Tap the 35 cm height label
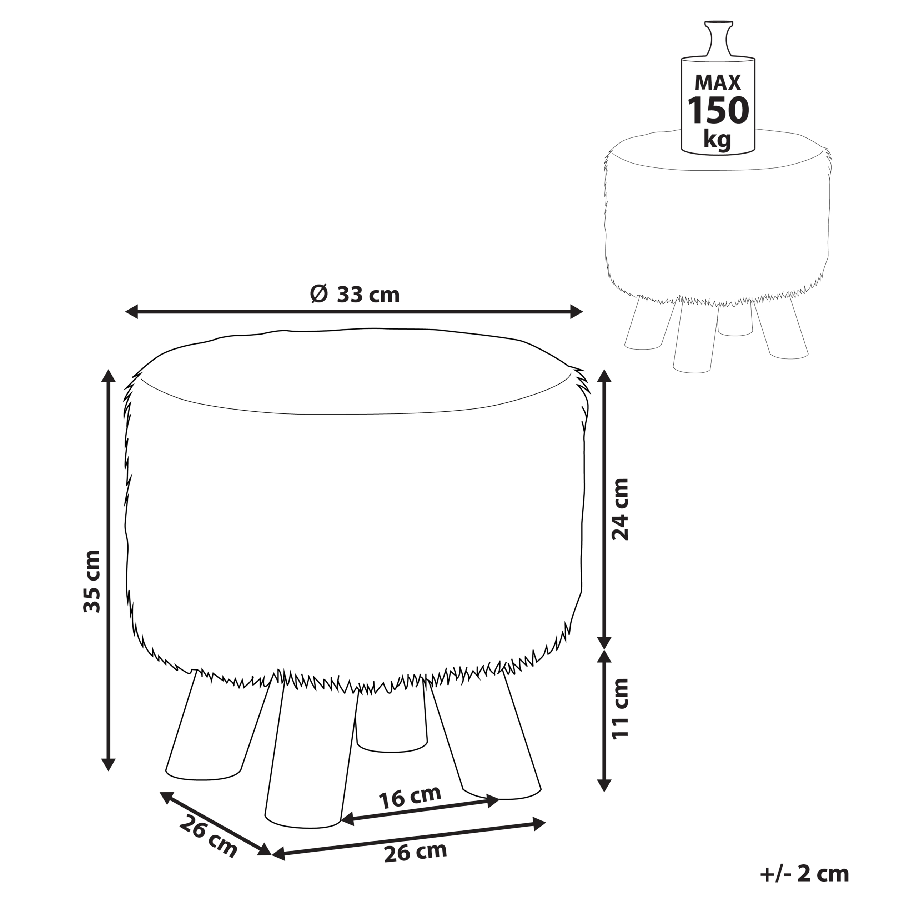coord(92,581)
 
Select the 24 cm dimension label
coord(620,509)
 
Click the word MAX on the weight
coord(718,83)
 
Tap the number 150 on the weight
coord(718,110)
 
